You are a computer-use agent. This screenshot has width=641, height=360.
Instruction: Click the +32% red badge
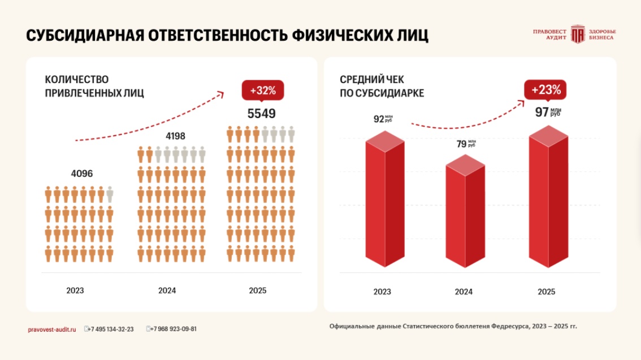click(262, 90)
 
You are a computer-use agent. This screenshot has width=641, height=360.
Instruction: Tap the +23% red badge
click(545, 89)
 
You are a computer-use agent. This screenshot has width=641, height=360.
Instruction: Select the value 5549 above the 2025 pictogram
click(262, 114)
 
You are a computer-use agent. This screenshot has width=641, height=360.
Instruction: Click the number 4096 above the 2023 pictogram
click(81, 174)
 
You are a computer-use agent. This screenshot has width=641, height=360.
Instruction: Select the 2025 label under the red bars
click(546, 292)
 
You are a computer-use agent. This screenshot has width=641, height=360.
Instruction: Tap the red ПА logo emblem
click(577, 34)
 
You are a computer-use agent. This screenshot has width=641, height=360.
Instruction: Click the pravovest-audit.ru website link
click(51, 329)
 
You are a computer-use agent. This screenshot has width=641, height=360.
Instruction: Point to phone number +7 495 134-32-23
click(111, 329)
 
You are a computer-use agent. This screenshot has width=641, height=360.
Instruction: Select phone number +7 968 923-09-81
click(174, 329)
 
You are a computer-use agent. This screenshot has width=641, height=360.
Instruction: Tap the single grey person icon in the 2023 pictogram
click(110, 195)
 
